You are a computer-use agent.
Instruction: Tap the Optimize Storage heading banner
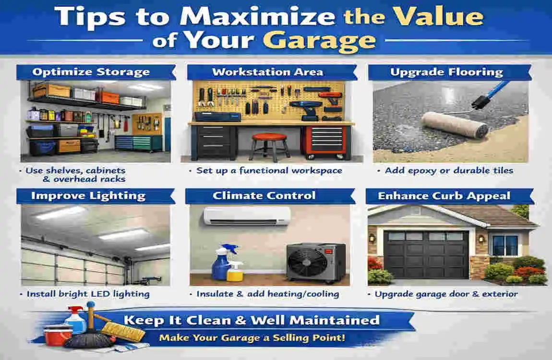pyautogui.click(x=96, y=72)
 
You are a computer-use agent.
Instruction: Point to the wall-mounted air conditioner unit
pyautogui.click(x=248, y=216)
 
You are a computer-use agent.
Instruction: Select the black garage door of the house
pyautogui.click(x=426, y=254)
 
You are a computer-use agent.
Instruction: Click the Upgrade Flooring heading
pyautogui.click(x=446, y=72)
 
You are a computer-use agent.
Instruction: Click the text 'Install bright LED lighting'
pyautogui.click(x=88, y=294)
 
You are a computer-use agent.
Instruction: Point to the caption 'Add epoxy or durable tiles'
pyautogui.click(x=449, y=171)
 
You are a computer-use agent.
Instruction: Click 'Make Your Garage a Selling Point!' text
pyautogui.click(x=252, y=338)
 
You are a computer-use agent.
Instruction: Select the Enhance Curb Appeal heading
pyautogui.click(x=444, y=196)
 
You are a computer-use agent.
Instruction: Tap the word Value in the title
pyautogui.click(x=438, y=16)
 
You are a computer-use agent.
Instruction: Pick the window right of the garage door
pyautogui.click(x=505, y=245)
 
